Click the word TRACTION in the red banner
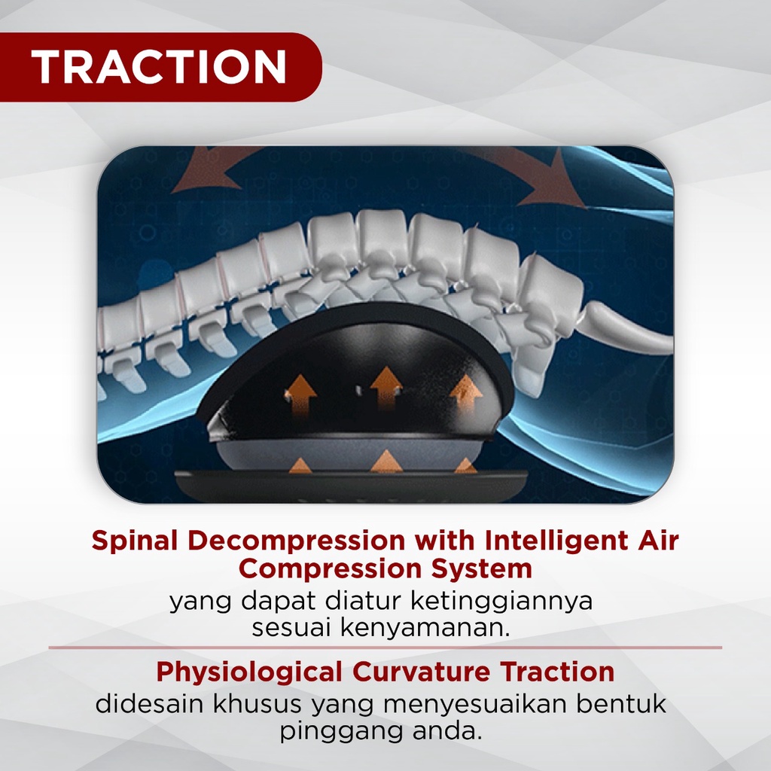[159, 68]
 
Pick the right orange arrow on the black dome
[467, 392]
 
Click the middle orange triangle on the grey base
[385, 462]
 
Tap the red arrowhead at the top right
[556, 181]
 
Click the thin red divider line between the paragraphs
[385, 648]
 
